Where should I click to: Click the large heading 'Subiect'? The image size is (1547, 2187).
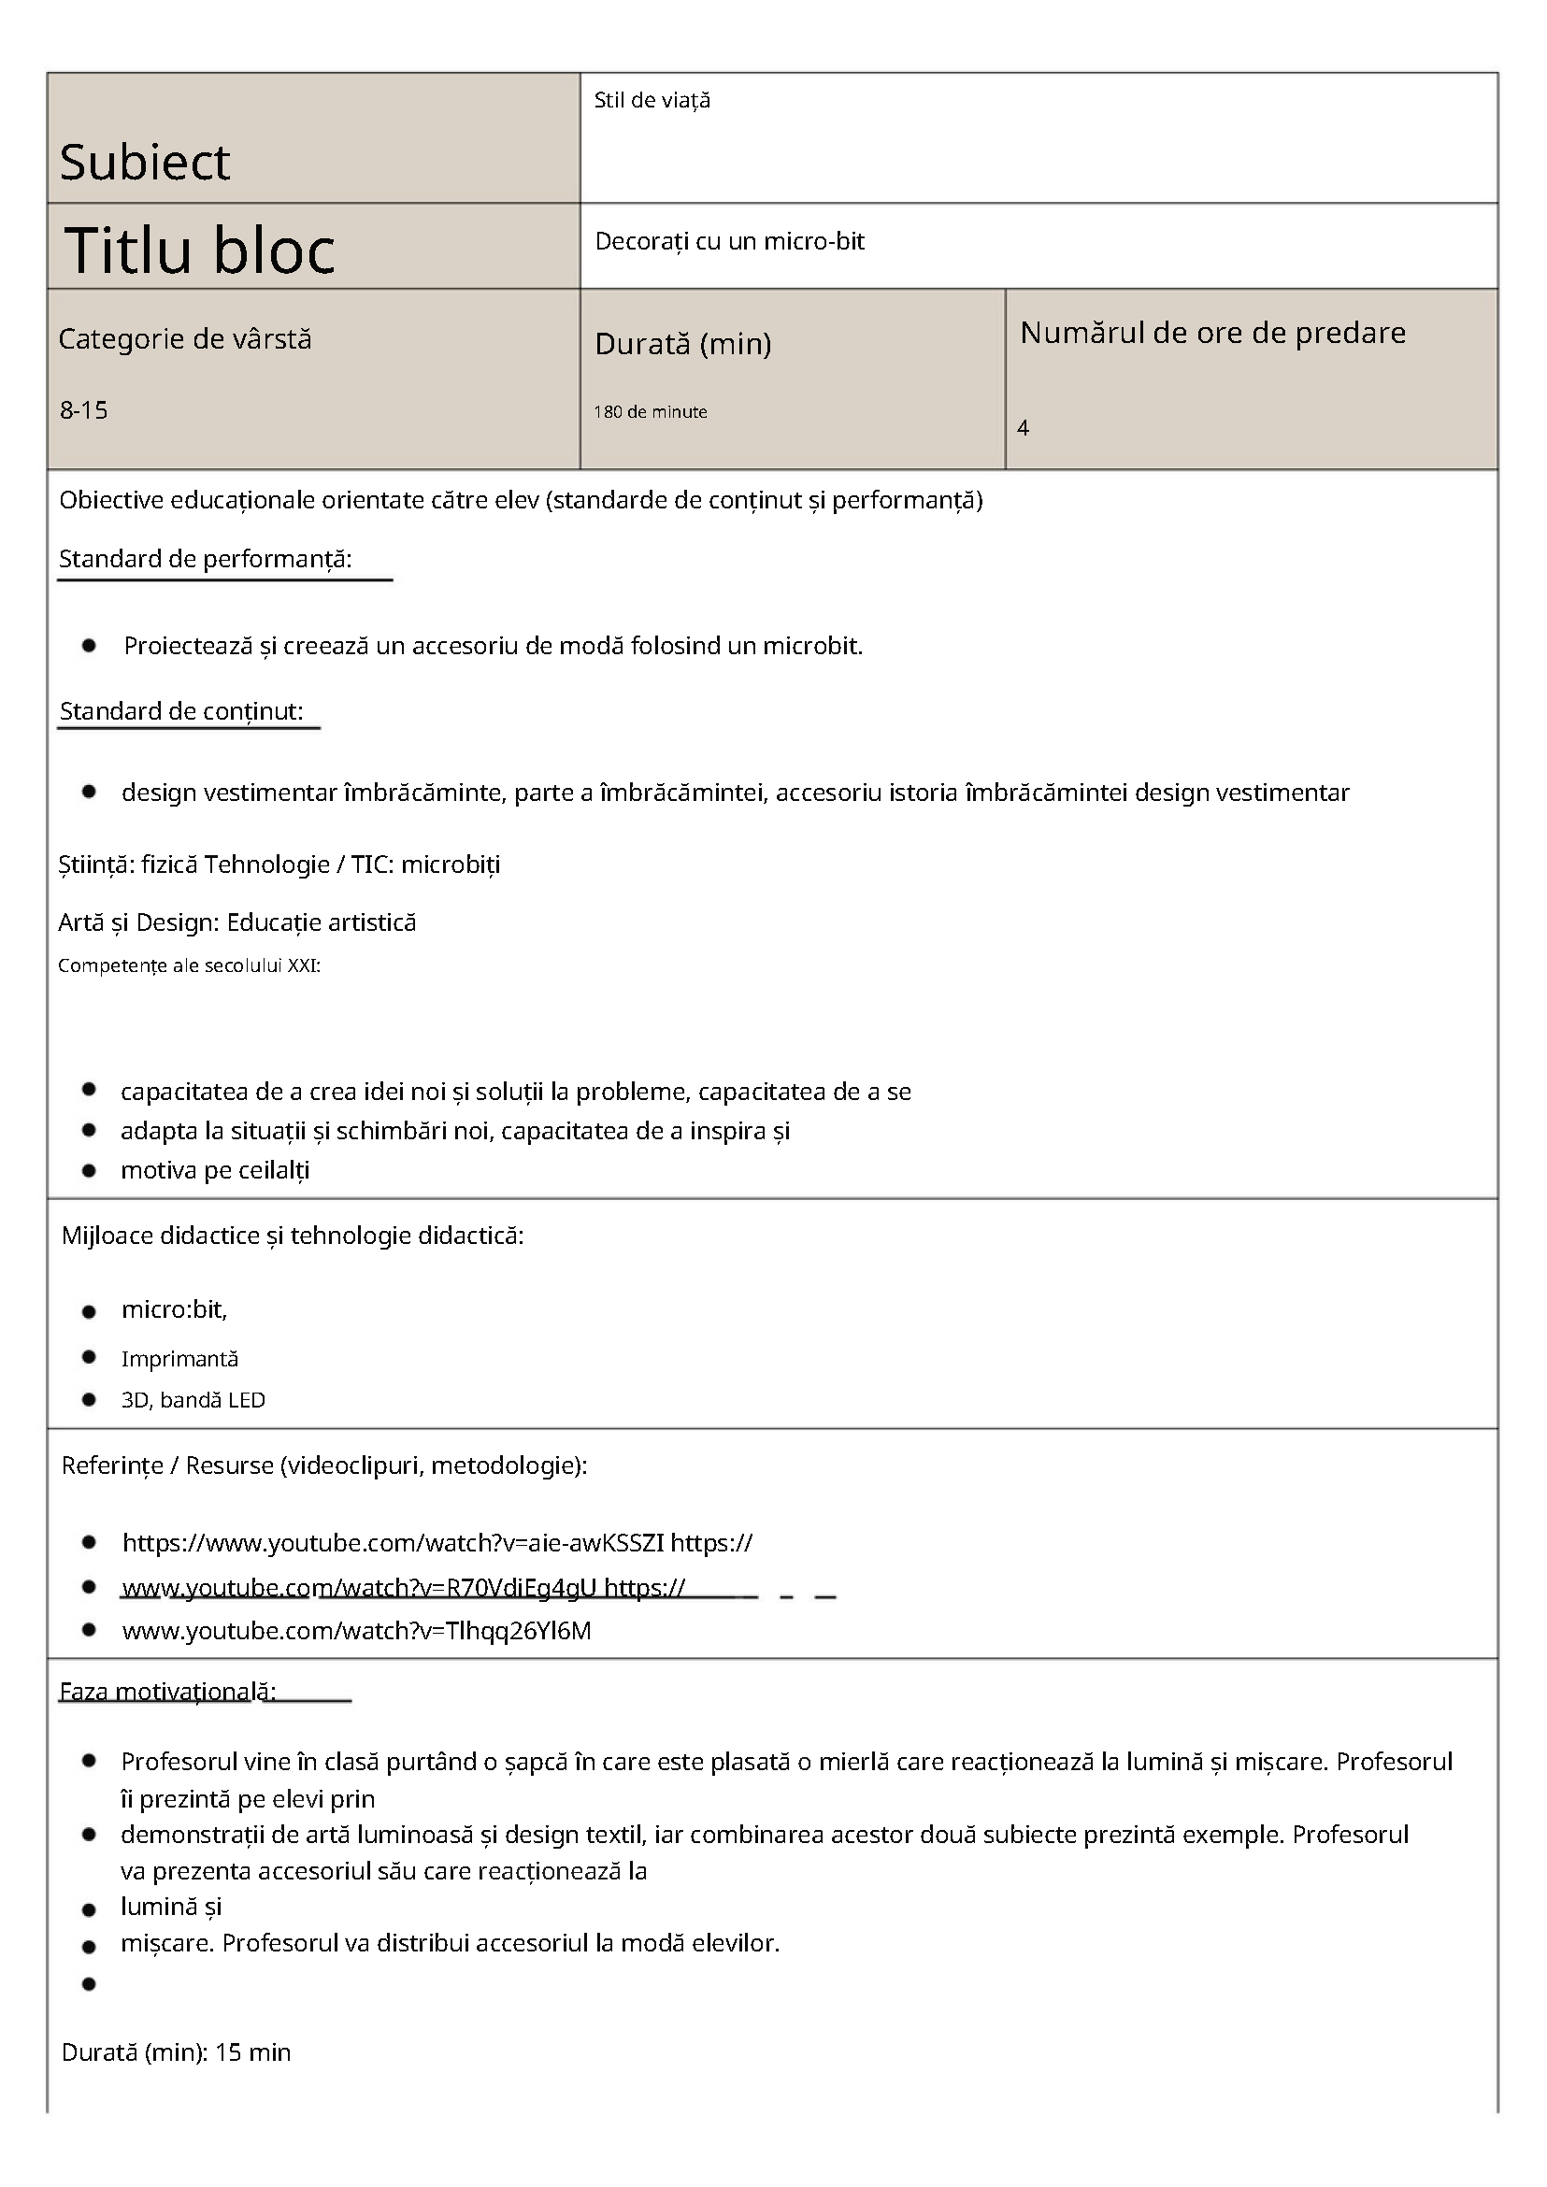click(x=145, y=162)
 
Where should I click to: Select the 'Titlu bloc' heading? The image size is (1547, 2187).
click(x=199, y=250)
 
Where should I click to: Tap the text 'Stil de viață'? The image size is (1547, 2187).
click(x=652, y=100)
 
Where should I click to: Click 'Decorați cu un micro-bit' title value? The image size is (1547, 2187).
click(x=729, y=241)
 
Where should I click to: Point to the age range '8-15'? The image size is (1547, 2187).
click(x=84, y=410)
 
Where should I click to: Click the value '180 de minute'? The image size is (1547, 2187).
click(x=650, y=411)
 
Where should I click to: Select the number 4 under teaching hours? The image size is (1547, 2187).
click(x=1024, y=428)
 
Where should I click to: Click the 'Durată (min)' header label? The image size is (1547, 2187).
click(x=682, y=343)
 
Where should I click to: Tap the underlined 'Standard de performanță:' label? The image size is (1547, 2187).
click(x=205, y=559)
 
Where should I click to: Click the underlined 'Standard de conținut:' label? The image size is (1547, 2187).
click(x=181, y=711)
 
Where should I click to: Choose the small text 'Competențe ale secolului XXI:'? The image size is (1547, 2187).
click(x=189, y=965)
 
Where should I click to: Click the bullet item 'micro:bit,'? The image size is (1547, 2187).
click(x=174, y=1309)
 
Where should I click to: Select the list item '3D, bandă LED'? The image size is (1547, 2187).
click(x=193, y=1399)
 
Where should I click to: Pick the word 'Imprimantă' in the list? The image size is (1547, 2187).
click(x=179, y=1358)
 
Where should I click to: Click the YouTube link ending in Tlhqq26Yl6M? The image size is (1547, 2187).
click(x=356, y=1631)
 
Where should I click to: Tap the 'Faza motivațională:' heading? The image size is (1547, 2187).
click(x=167, y=1692)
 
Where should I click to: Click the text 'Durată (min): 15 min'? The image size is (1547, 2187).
click(x=177, y=2052)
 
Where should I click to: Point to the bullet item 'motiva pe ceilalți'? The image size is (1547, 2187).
click(x=214, y=1170)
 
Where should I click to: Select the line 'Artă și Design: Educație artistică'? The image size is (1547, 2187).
click(x=237, y=922)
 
